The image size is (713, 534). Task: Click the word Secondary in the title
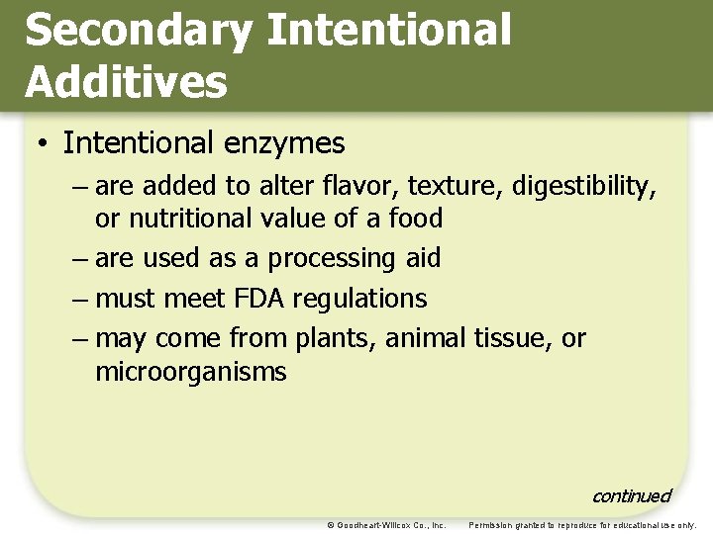(x=138, y=31)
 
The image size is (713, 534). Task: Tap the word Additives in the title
(x=126, y=82)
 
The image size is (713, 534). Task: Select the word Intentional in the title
(x=389, y=31)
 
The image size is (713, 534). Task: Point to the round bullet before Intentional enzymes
(x=44, y=144)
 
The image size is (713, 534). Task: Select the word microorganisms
(x=190, y=372)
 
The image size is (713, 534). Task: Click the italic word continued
(x=631, y=495)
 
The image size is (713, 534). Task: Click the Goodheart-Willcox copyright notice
(x=386, y=524)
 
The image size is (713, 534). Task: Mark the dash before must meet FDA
(x=82, y=299)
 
